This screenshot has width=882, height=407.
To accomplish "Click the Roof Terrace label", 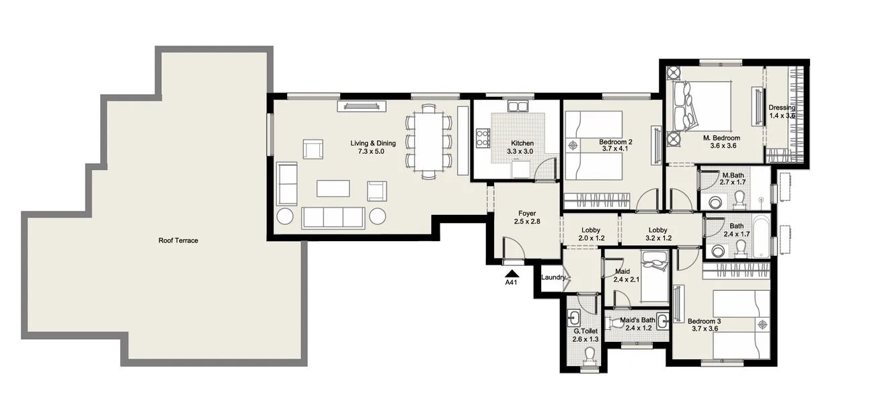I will pyautogui.click(x=178, y=240).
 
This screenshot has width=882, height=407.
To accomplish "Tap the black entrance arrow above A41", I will pyautogui.click(x=512, y=272).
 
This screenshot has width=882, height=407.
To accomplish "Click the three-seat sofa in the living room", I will pyautogui.click(x=333, y=217).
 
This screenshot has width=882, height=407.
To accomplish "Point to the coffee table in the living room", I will pyautogui.click(x=333, y=188).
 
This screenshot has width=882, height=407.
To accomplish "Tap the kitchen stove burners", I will pyautogui.click(x=483, y=138).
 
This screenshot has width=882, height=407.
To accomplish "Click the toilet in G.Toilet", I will pyautogui.click(x=590, y=355).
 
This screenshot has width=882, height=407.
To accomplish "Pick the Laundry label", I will pyautogui.click(x=553, y=277).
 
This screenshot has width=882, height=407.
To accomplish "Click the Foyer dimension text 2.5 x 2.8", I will pyautogui.click(x=527, y=222).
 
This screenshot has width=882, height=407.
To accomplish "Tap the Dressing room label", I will pyautogui.click(x=782, y=107).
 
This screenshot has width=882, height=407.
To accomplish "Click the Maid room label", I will pyautogui.click(x=622, y=271).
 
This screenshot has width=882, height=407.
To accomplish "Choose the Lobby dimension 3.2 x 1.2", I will pyautogui.click(x=657, y=238).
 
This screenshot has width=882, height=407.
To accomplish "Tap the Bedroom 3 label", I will pyautogui.click(x=705, y=320).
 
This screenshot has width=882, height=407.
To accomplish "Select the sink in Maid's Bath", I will pyautogui.click(x=661, y=320).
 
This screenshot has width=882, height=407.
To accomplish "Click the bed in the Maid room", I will pyautogui.click(x=653, y=277).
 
